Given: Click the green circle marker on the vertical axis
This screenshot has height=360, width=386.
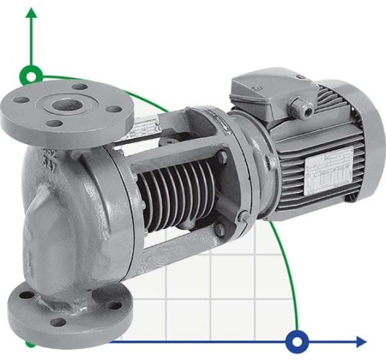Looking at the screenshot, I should pyautogui.click(x=31, y=74).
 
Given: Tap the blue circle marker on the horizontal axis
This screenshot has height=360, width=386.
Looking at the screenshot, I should pyautogui.click(x=297, y=341).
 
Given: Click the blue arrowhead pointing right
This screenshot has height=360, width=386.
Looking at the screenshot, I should pyautogui.click(x=360, y=341).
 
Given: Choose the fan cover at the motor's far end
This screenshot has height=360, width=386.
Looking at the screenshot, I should pyautogui.click(x=367, y=144).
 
